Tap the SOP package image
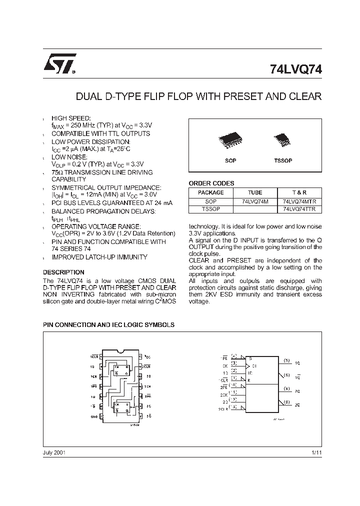point(230,141)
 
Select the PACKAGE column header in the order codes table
point(210,192)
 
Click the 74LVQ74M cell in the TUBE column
point(254,201)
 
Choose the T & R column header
point(299,192)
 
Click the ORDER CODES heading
point(211,183)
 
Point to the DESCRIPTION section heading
point(63,272)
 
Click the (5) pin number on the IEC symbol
point(286,360)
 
